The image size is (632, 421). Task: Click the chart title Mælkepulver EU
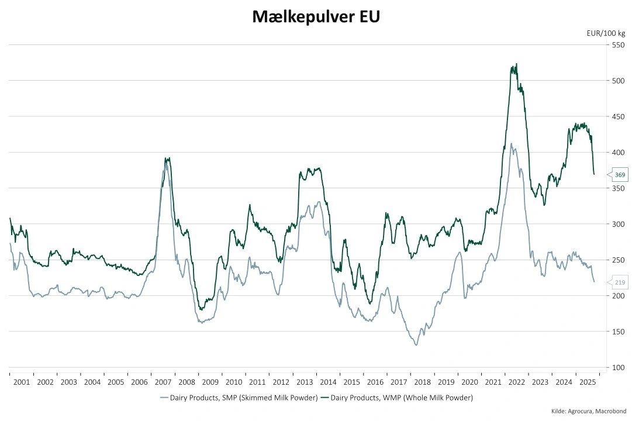point(316,17)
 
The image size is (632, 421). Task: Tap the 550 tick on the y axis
point(618,45)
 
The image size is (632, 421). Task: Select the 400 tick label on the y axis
point(618,153)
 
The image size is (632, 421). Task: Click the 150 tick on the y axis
point(618,332)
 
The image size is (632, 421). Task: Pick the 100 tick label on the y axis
point(618,367)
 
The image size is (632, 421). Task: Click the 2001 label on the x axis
point(21,382)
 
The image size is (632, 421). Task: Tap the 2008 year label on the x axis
point(187,382)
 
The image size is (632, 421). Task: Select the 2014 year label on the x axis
point(328,382)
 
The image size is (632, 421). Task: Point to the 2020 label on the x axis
point(469,382)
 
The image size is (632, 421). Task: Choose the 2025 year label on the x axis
point(587,382)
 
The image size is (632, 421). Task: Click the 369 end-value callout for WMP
point(620,175)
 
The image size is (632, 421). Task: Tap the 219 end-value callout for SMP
point(620,282)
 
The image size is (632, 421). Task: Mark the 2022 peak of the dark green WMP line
point(516,64)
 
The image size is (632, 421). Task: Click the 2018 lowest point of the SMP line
point(416,345)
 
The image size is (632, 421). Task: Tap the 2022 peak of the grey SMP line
point(512,143)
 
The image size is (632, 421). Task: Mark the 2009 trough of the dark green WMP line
point(201,309)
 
